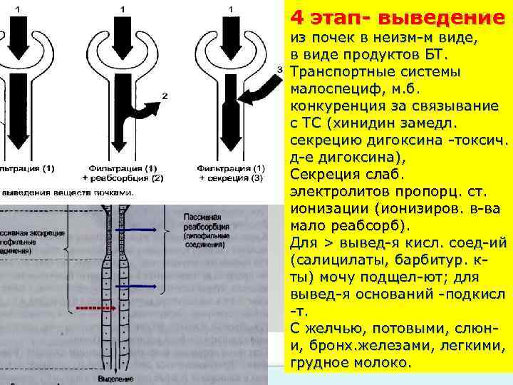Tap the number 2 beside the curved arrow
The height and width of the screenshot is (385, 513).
[165, 95]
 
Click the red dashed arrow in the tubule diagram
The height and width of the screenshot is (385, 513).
[93, 308]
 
